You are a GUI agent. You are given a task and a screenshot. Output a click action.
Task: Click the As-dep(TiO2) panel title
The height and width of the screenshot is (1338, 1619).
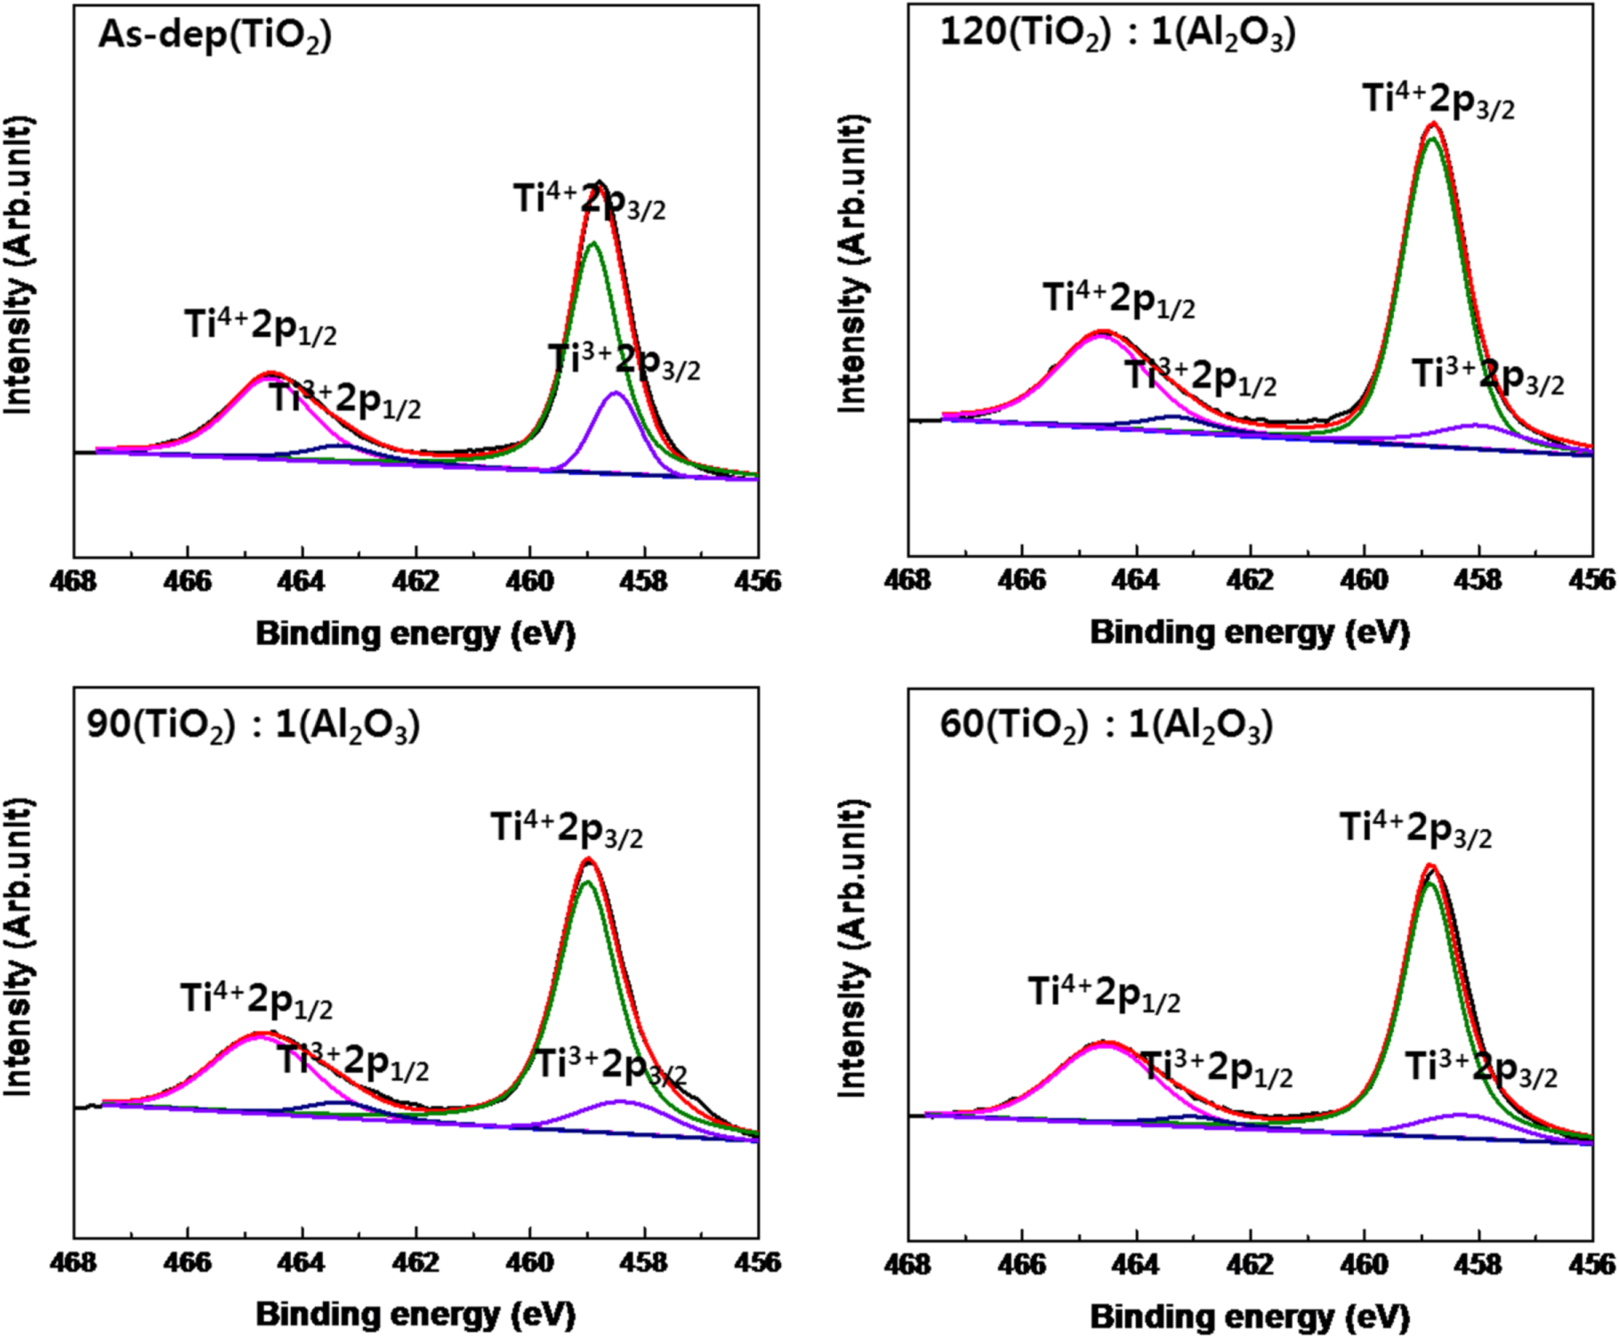click(214, 36)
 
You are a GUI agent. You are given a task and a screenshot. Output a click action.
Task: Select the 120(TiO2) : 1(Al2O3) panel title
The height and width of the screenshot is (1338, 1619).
click(1117, 34)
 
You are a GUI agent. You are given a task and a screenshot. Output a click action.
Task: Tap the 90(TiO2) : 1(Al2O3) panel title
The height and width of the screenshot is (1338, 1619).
click(253, 726)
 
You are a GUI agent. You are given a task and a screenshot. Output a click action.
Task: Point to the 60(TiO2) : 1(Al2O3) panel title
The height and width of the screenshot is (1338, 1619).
click(1106, 726)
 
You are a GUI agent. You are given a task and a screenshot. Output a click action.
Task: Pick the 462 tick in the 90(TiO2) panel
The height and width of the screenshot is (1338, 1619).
click(416, 1262)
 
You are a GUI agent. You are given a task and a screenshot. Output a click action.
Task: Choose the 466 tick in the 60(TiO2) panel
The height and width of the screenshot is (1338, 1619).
click(1022, 1262)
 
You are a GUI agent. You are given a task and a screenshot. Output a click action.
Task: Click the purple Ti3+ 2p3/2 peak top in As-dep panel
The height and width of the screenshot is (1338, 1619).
click(615, 392)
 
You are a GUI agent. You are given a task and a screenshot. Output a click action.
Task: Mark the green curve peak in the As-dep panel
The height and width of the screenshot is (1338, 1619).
click(593, 243)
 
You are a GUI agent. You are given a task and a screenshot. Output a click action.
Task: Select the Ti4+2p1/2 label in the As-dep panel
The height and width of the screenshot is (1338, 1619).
click(261, 326)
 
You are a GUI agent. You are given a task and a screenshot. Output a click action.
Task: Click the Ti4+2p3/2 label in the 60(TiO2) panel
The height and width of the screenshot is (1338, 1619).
click(1415, 829)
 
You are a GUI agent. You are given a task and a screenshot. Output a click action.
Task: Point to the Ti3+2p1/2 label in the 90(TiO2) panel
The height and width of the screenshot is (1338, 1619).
click(353, 1062)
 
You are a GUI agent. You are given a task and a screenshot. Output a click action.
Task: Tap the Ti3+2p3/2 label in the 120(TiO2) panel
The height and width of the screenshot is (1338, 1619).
click(1487, 375)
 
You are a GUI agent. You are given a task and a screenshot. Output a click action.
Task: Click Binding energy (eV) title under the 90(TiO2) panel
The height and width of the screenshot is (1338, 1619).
click(415, 1314)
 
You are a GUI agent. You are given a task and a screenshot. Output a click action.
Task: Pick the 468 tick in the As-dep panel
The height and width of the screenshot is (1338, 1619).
click(74, 581)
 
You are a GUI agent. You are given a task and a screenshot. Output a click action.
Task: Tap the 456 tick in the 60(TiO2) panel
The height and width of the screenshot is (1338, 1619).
click(1592, 1262)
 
